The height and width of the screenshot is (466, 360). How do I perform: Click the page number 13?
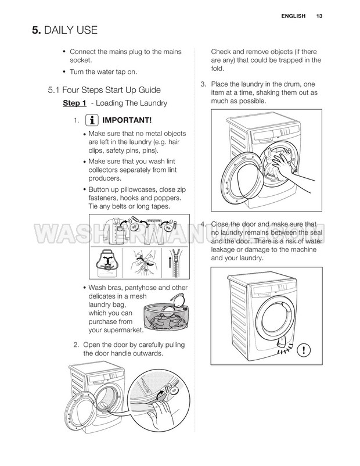click(x=319, y=16)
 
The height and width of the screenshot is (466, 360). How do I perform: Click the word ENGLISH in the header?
click(x=293, y=16)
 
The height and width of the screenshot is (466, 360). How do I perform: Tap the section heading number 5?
click(x=36, y=30)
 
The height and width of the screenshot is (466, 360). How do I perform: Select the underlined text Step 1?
click(x=74, y=103)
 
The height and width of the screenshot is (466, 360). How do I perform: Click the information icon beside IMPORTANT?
click(x=92, y=120)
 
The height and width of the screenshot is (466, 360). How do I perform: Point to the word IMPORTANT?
click(x=127, y=120)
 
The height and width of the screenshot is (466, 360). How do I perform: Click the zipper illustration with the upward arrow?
click(x=176, y=263)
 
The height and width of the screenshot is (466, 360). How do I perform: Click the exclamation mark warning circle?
click(x=304, y=350)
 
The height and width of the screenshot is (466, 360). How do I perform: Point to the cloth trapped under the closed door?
click(x=281, y=344)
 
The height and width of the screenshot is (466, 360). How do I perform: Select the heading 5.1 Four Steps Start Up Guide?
click(x=105, y=90)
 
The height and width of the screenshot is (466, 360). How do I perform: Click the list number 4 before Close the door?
click(x=203, y=224)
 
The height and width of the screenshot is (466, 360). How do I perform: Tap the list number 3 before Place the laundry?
click(x=203, y=84)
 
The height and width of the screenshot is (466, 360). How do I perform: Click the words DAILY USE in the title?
click(x=71, y=30)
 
